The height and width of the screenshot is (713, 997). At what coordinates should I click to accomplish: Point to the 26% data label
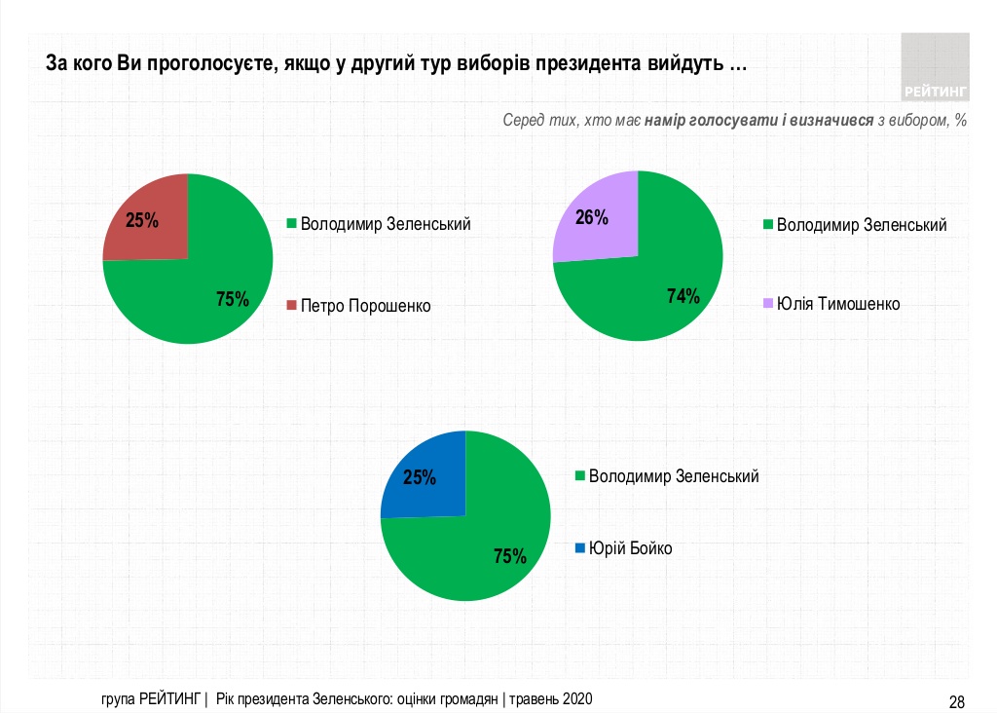592,217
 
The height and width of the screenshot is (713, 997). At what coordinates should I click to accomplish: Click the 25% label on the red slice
142,220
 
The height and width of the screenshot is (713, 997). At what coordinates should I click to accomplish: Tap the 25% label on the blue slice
420,478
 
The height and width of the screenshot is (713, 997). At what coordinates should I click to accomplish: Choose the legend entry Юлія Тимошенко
837,304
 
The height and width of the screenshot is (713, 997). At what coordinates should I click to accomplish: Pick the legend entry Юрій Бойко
630,548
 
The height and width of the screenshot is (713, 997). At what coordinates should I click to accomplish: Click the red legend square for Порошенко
291,306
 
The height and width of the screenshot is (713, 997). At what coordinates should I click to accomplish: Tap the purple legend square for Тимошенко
767,304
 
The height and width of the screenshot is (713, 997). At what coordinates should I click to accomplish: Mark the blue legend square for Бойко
580,548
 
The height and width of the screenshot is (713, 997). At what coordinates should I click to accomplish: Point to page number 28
956,701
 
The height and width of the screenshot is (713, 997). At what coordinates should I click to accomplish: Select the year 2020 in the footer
576,699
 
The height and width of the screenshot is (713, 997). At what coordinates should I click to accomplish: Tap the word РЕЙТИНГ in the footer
170,699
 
